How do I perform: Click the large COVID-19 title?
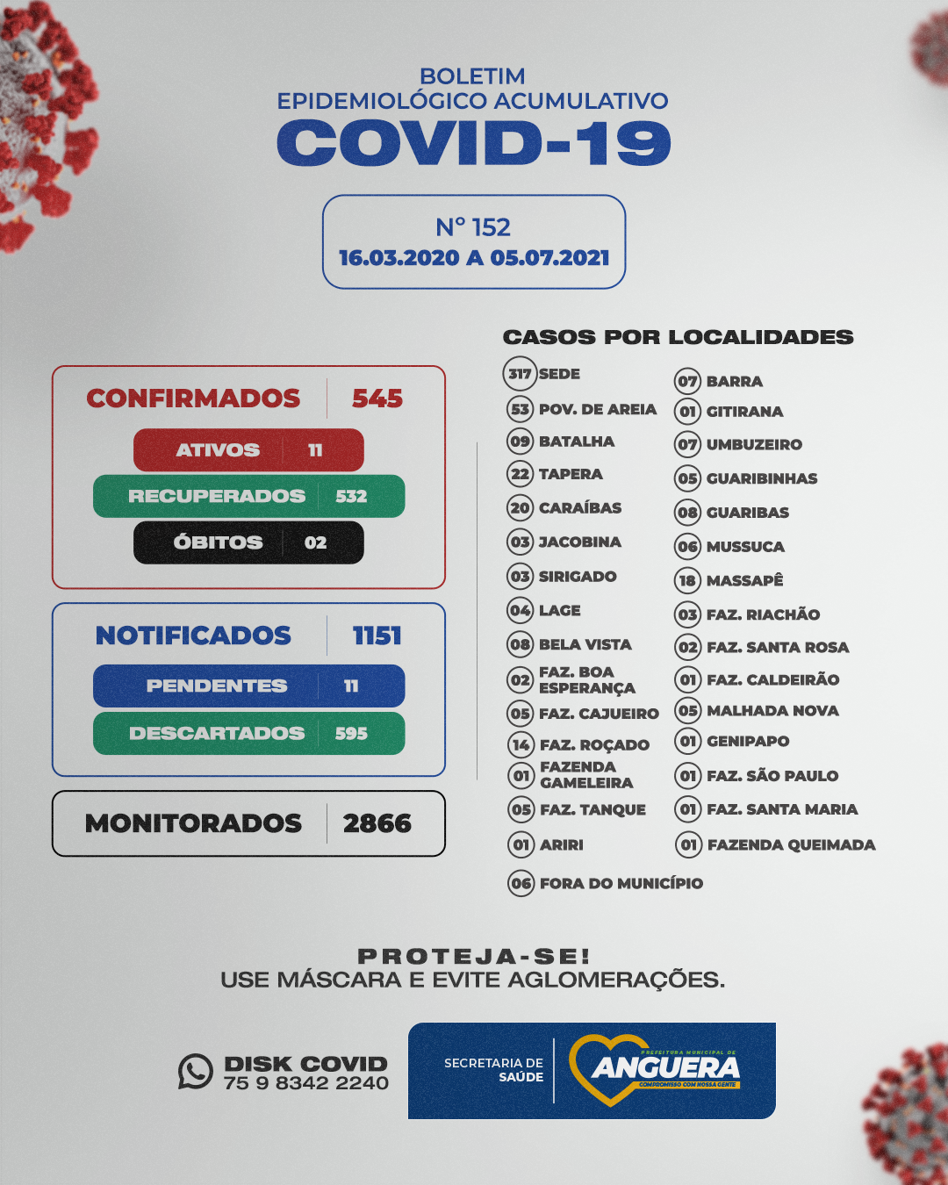pyautogui.click(x=474, y=143)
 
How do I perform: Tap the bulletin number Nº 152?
pyautogui.click(x=473, y=227)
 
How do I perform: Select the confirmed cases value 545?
pyautogui.click(x=377, y=399)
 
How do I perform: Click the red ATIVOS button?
pyautogui.click(x=248, y=450)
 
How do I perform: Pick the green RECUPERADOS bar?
pyautogui.click(x=248, y=496)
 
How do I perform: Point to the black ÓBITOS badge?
pyautogui.click(x=248, y=542)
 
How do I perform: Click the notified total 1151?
pyautogui.click(x=377, y=636)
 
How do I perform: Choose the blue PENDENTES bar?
pyautogui.click(x=248, y=686)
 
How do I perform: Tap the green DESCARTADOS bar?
pyautogui.click(x=248, y=733)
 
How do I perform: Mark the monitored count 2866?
pyautogui.click(x=377, y=823)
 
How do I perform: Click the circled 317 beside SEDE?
pyautogui.click(x=520, y=374)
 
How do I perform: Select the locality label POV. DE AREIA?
pyautogui.click(x=598, y=409)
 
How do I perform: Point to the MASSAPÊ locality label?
pyautogui.click(x=744, y=580)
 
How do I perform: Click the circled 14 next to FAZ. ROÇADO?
pyautogui.click(x=521, y=745)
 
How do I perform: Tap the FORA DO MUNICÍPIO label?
pyautogui.click(x=621, y=883)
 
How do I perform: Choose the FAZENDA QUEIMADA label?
pyautogui.click(x=791, y=844)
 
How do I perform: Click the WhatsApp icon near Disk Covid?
pyautogui.click(x=196, y=1072)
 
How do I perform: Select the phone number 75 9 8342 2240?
pyautogui.click(x=305, y=1083)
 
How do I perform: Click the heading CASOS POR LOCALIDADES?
pyautogui.click(x=678, y=337)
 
